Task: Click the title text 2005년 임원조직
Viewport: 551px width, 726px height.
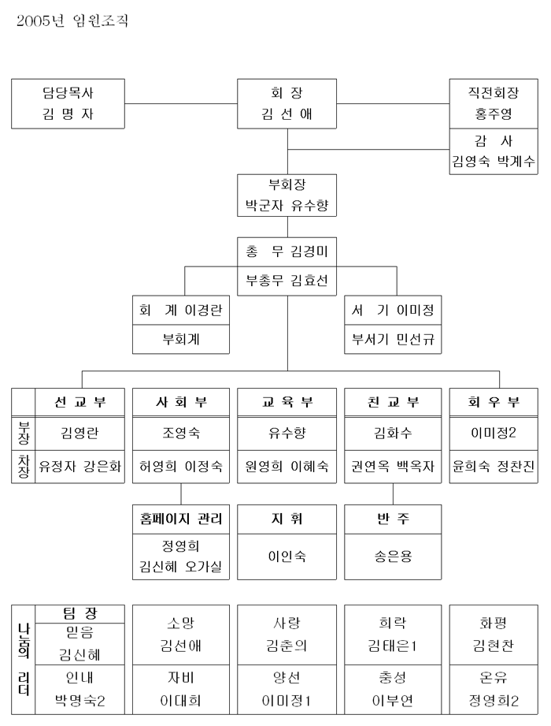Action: click(72, 21)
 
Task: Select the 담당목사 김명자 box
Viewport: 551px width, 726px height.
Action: click(72, 103)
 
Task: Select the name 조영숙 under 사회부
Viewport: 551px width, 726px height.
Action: click(182, 432)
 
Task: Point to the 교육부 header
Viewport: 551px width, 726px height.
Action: click(287, 402)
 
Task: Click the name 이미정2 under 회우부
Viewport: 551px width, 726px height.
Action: click(494, 432)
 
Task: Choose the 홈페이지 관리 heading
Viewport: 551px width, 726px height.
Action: click(182, 519)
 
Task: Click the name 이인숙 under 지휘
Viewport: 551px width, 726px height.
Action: click(287, 556)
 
